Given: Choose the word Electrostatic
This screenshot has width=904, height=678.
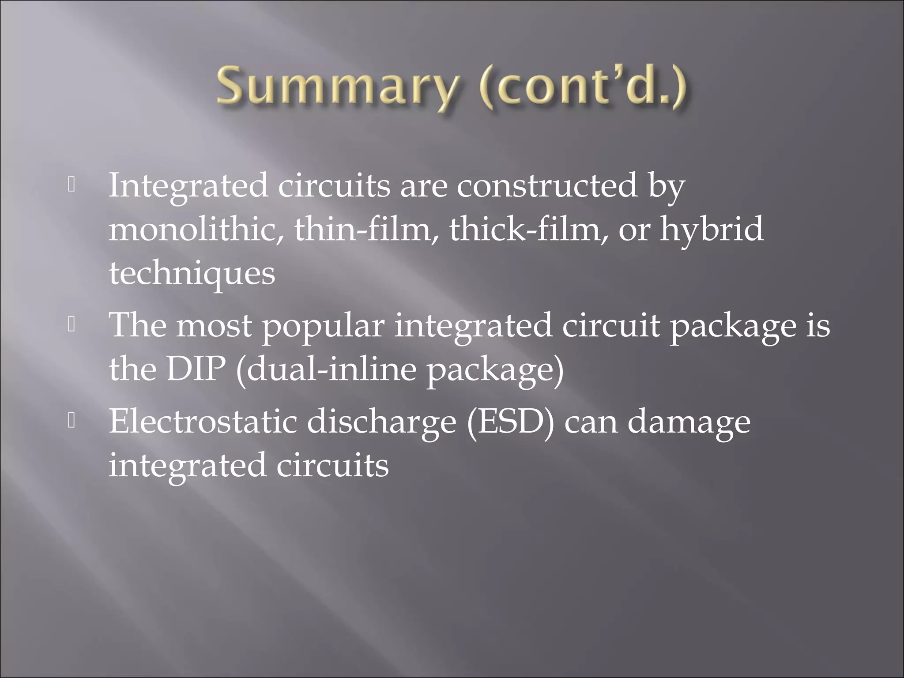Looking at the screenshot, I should (203, 422).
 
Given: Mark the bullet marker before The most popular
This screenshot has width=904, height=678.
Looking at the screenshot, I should (72, 325).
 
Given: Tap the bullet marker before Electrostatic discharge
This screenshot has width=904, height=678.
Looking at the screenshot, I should (72, 422).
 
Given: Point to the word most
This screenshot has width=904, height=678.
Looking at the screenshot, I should (214, 326).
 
